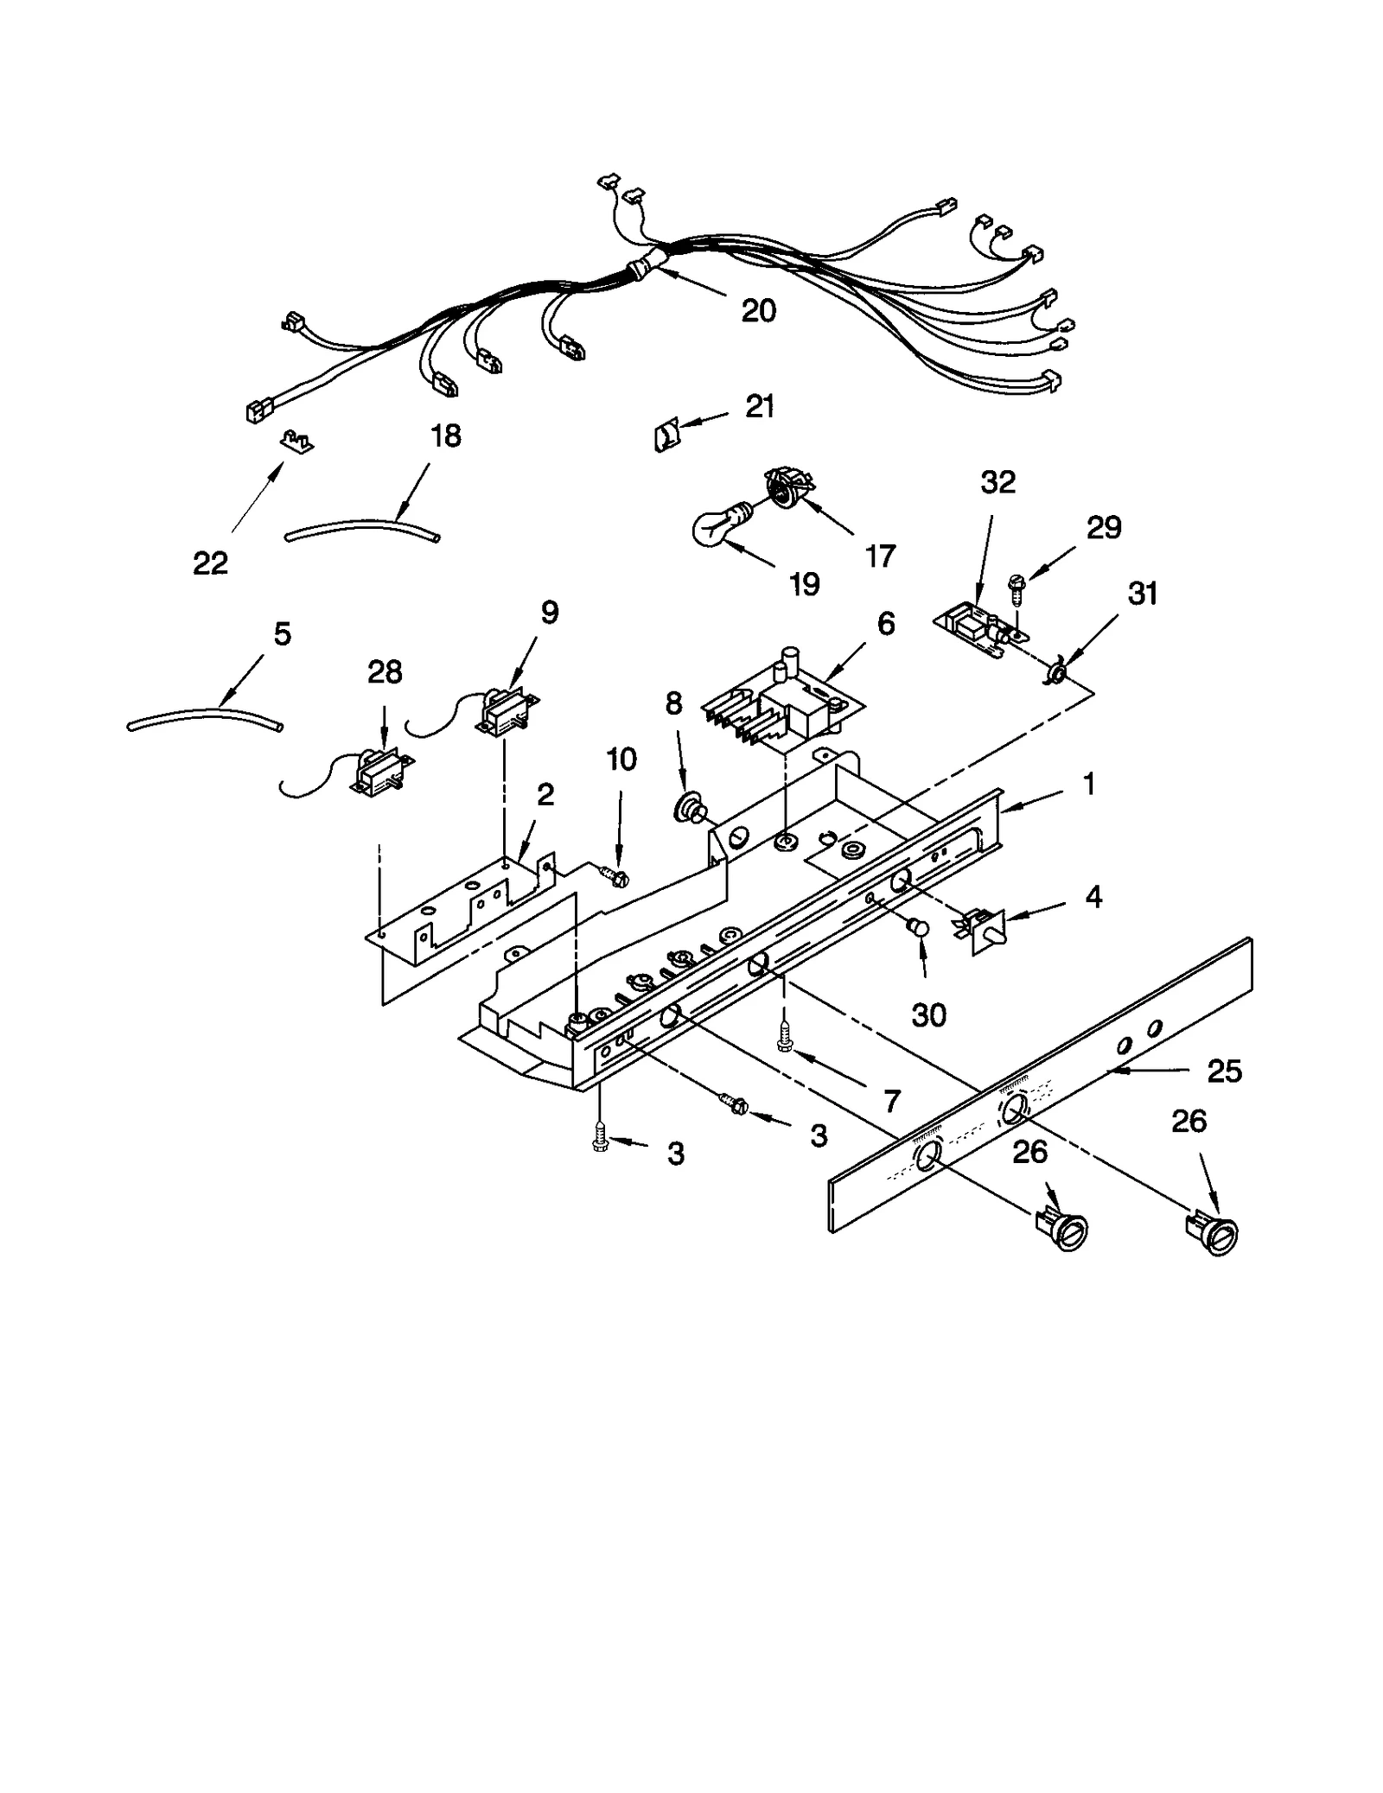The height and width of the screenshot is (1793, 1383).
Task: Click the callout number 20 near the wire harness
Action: [x=758, y=310]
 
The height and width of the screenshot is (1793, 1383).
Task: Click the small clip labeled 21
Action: [x=666, y=436]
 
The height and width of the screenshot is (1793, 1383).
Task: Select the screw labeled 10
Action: [x=617, y=877]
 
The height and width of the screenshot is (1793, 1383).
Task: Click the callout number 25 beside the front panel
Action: [x=1224, y=1071]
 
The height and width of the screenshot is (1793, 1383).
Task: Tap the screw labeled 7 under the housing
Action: [x=785, y=1038]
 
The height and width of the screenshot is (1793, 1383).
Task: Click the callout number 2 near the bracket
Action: [x=545, y=794]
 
